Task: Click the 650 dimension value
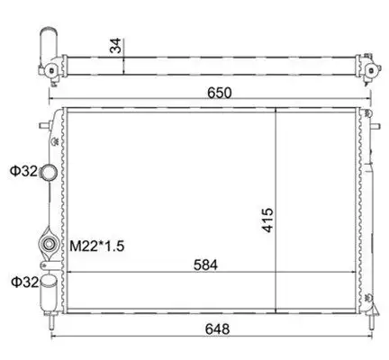pyautogui.click(x=220, y=93)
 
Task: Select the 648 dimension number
pyautogui.click(x=217, y=329)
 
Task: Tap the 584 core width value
pyautogui.click(x=205, y=265)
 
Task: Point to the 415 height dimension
pyautogui.click(x=267, y=220)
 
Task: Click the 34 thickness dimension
pyautogui.click(x=115, y=46)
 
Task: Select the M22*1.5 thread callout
pyautogui.click(x=97, y=247)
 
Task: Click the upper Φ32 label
pyautogui.click(x=23, y=171)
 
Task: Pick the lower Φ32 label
pyautogui.click(x=25, y=282)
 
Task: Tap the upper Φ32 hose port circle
pyautogui.click(x=48, y=172)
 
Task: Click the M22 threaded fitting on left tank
pyautogui.click(x=49, y=244)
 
